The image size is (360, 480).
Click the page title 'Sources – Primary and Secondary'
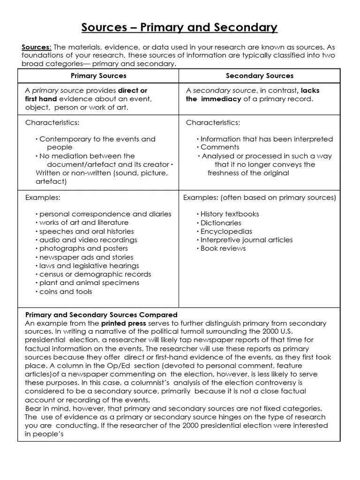[180, 28]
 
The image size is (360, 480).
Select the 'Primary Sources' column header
[98, 75]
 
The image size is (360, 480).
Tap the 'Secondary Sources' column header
[260, 75]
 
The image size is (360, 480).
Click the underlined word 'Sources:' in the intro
[37, 47]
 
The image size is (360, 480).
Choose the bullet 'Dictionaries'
[220, 223]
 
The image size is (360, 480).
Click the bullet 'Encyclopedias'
[226, 232]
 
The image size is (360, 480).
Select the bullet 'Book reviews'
[223, 248]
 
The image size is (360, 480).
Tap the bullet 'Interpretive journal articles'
[246, 240]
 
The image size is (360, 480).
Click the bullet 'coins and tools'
[66, 292]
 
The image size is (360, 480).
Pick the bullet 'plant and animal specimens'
[89, 283]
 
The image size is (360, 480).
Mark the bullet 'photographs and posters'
[83, 248]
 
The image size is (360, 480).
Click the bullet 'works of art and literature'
[83, 223]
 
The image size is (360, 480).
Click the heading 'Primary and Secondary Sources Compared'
[101, 315]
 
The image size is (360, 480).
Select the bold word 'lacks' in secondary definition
[310, 90]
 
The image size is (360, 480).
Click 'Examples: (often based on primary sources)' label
[259, 197]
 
